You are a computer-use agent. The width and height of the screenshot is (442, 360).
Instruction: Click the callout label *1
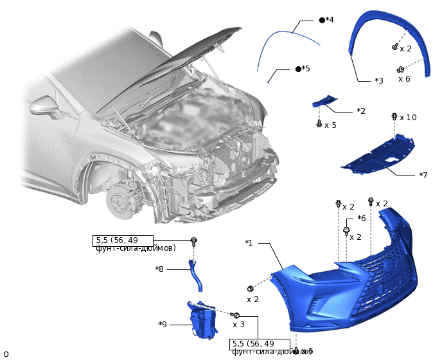(x=249, y=243)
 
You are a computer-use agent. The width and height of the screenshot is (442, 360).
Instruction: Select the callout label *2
(x=361, y=111)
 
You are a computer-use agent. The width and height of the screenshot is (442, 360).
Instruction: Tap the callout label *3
(x=379, y=81)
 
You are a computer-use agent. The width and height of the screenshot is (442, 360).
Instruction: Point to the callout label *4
(x=330, y=20)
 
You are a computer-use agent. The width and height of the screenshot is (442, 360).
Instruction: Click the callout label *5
(x=306, y=69)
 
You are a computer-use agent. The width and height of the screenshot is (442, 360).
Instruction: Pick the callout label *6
(x=361, y=219)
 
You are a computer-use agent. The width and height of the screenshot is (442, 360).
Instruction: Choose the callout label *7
(x=423, y=175)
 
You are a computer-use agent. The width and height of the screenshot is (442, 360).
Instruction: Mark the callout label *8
(x=159, y=269)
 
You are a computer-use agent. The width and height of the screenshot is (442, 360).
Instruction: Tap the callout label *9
(x=163, y=325)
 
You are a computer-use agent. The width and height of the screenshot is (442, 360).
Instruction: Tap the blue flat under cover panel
(x=379, y=154)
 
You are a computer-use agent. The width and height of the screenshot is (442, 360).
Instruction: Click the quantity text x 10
(x=408, y=118)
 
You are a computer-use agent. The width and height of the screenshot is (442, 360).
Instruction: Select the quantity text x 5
(x=330, y=125)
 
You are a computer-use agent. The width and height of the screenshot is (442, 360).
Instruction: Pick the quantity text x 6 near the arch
(x=404, y=79)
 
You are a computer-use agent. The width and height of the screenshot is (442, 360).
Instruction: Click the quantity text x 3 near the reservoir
(x=238, y=325)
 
